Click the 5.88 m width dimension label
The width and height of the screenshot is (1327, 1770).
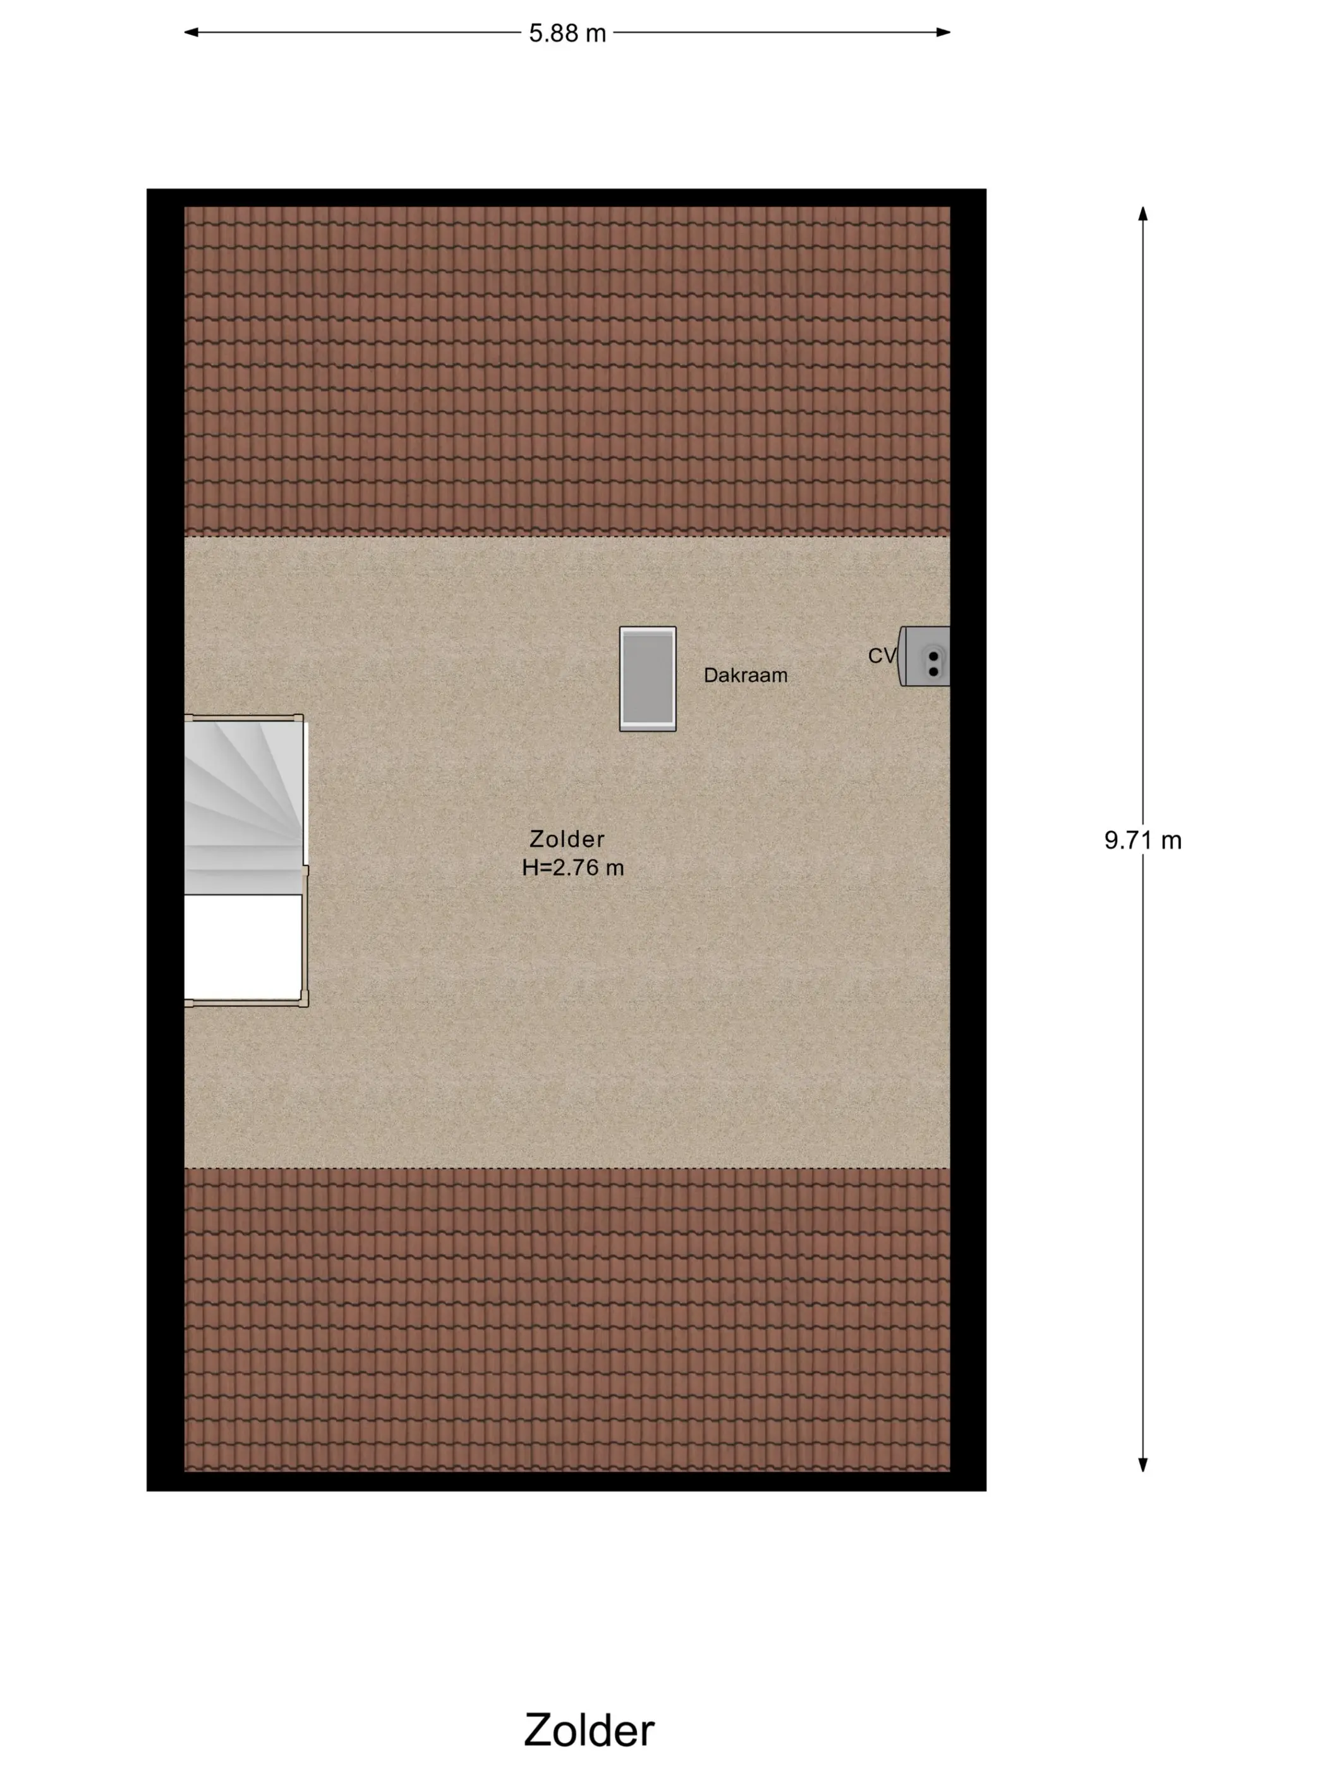click(567, 34)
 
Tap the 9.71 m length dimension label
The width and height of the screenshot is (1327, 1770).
click(1142, 840)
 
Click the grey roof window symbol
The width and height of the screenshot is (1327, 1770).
click(648, 678)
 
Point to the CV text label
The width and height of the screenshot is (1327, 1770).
click(882, 656)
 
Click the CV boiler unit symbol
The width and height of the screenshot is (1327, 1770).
click(924, 656)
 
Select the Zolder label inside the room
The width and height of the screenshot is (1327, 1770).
click(567, 839)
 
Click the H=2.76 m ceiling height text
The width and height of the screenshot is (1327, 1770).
click(573, 867)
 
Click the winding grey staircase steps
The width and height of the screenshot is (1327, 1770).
click(244, 807)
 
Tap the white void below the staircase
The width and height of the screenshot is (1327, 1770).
click(243, 946)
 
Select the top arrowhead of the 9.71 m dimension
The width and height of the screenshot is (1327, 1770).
click(1143, 214)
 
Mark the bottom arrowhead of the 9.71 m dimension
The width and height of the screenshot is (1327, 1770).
click(1143, 1464)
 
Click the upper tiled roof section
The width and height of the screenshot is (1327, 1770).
click(567, 371)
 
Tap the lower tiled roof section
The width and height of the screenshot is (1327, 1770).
click(567, 1319)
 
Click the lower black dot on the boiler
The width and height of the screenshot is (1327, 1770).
click(933, 671)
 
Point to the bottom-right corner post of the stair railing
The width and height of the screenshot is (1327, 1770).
click(304, 999)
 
